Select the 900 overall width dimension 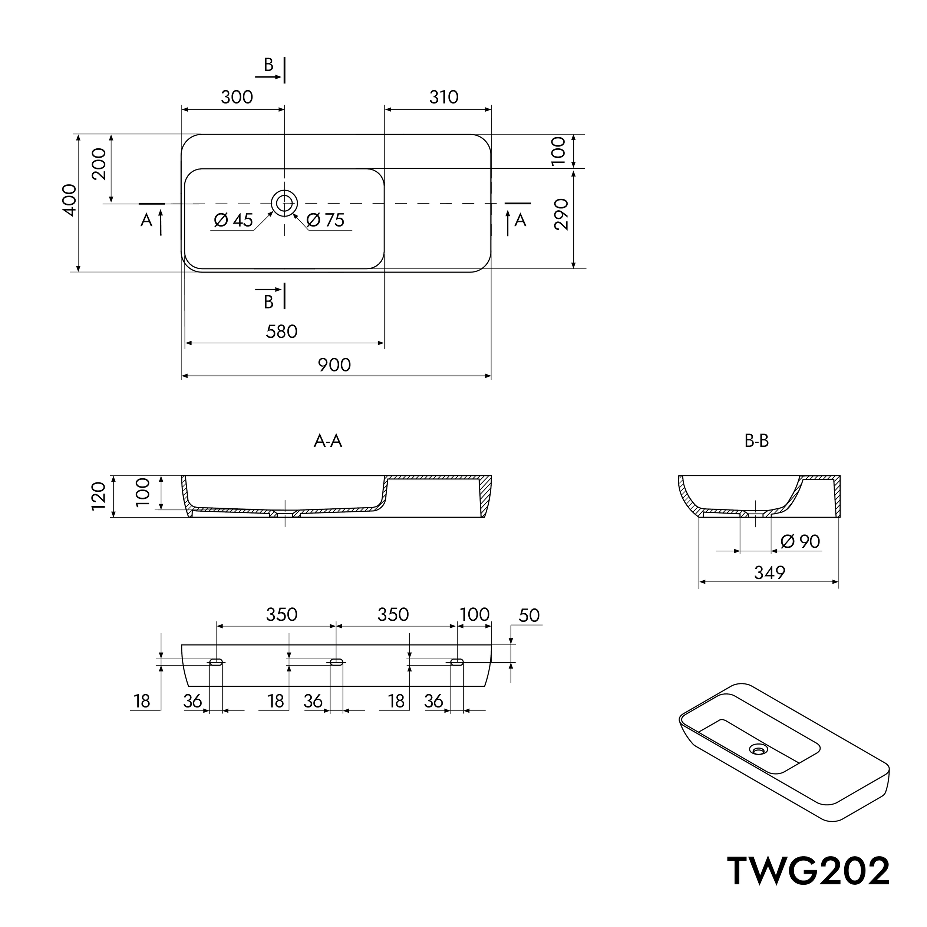click(x=334, y=365)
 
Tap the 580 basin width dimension click(x=282, y=331)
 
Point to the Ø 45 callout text click(x=233, y=220)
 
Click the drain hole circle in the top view click(x=284, y=204)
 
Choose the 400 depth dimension click(x=70, y=200)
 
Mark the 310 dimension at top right click(x=444, y=98)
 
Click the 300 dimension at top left click(x=237, y=98)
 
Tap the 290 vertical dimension click(x=561, y=214)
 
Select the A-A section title click(x=328, y=441)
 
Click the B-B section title click(x=757, y=441)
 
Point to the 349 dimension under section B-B click(x=770, y=573)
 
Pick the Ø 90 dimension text click(x=800, y=542)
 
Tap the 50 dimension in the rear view click(x=529, y=616)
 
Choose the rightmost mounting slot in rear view click(x=457, y=663)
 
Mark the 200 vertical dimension click(x=99, y=164)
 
